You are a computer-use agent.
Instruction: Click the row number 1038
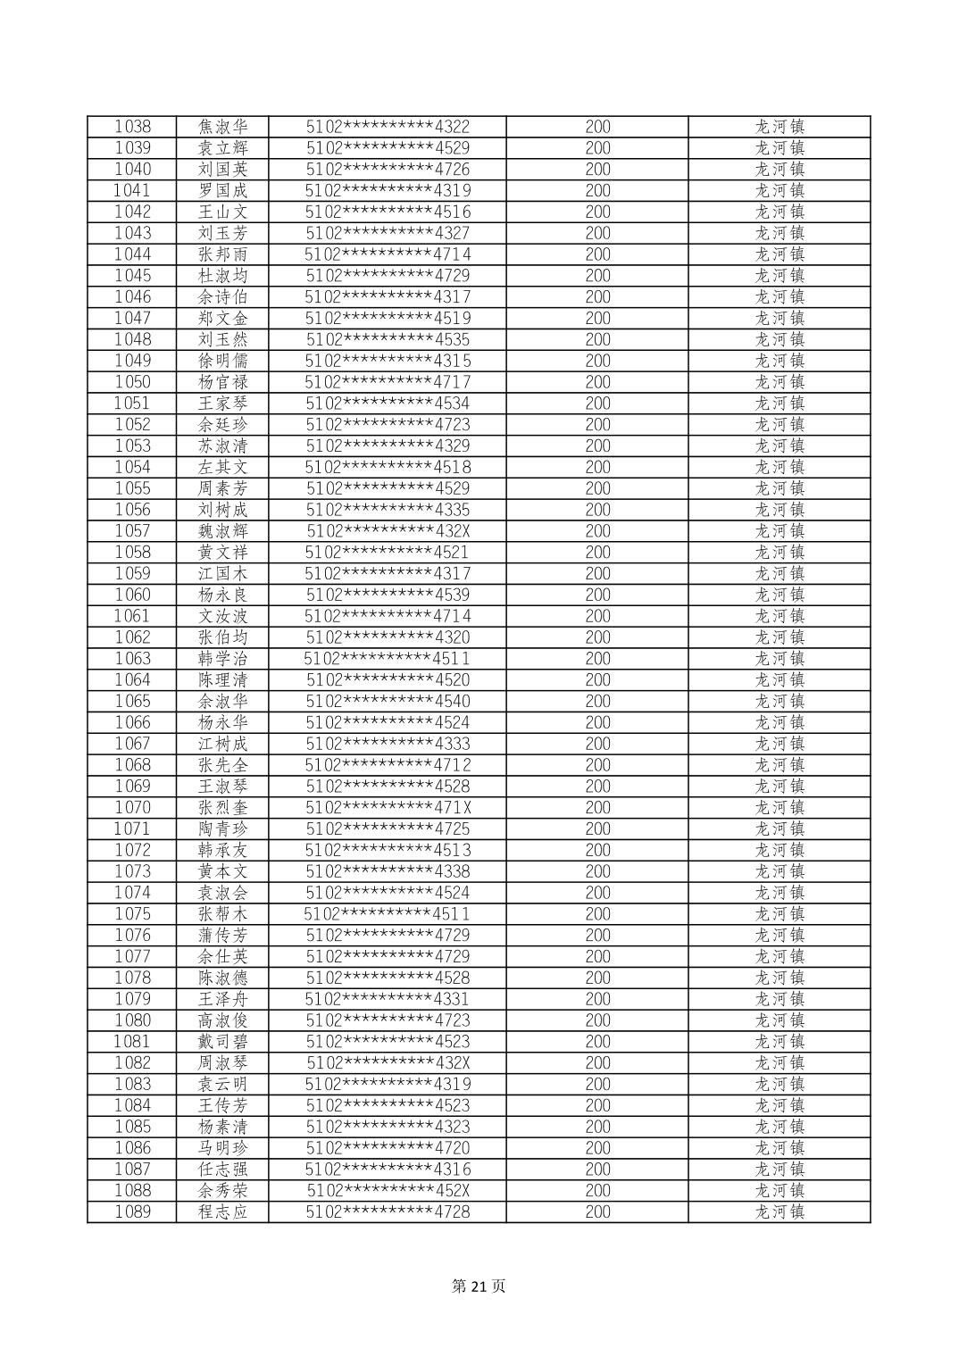[132, 127]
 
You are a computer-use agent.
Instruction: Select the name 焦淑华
[222, 127]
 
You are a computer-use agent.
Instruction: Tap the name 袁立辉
[222, 148]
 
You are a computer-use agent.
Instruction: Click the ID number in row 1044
[388, 254]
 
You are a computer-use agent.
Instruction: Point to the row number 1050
[132, 382]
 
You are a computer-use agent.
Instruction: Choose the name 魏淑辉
[222, 531]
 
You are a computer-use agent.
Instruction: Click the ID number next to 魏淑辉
[388, 531]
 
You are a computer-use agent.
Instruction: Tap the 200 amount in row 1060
[597, 595]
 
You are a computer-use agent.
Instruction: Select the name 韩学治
[222, 659]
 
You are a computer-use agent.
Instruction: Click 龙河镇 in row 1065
[780, 701]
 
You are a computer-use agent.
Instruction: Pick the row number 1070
[132, 808]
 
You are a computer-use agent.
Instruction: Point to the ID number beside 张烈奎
[388, 808]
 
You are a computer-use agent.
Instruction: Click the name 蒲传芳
[222, 936]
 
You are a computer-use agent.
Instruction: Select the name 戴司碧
[222, 1042]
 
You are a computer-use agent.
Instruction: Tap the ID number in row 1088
[388, 1191]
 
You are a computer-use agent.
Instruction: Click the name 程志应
[222, 1212]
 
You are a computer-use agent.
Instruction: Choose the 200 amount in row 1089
[597, 1212]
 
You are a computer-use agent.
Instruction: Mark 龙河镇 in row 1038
[780, 127]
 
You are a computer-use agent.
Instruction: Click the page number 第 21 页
[479, 1286]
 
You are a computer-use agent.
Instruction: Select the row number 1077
[132, 957]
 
